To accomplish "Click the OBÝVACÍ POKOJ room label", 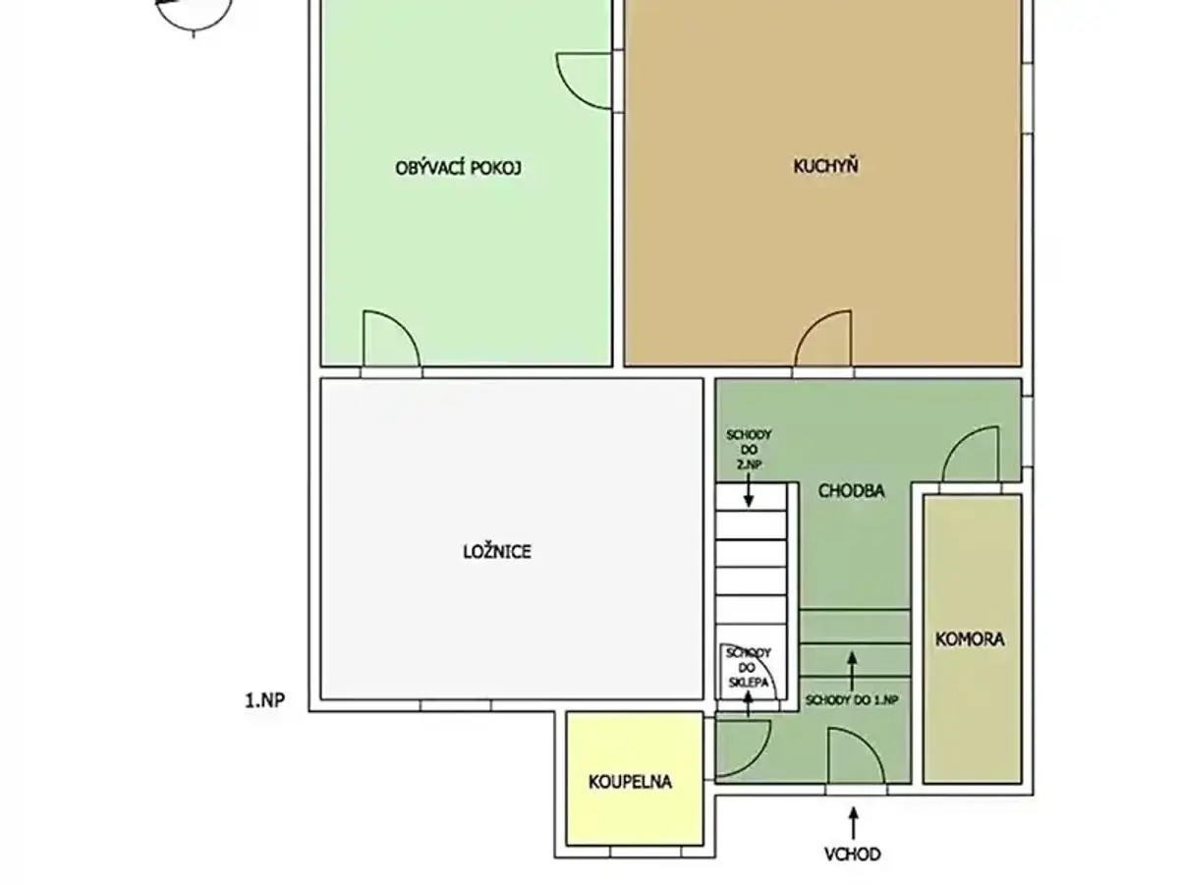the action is (x=458, y=168).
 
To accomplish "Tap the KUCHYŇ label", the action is (x=825, y=165).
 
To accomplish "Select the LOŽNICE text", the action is (x=497, y=552).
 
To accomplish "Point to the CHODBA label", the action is (x=851, y=490).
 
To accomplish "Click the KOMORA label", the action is (x=970, y=639).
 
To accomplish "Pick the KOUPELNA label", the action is (x=630, y=782).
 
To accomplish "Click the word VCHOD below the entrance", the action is (x=853, y=854).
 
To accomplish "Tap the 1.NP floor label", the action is (x=265, y=700).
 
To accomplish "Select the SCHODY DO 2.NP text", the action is (x=749, y=449).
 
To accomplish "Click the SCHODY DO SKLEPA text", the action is (x=748, y=668).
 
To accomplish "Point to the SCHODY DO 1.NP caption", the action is (x=852, y=700).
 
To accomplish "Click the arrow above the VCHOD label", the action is (x=853, y=823).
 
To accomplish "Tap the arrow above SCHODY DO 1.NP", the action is (x=852, y=671).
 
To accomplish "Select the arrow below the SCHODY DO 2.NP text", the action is (x=749, y=490).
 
